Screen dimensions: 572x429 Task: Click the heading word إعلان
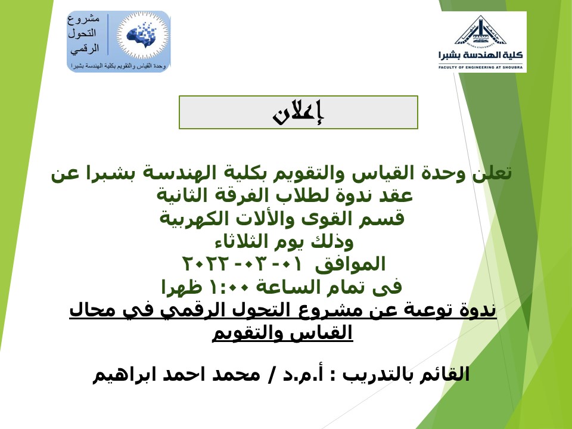298,113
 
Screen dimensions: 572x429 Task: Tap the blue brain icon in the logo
142,35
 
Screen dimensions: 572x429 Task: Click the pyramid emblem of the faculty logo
481,30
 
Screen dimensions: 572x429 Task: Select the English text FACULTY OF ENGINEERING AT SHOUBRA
480,67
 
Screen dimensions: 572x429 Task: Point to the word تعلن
493,173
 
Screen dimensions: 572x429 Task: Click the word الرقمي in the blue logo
85,49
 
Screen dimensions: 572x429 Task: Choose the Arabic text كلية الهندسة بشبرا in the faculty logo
480,55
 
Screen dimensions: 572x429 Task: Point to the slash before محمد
271,375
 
